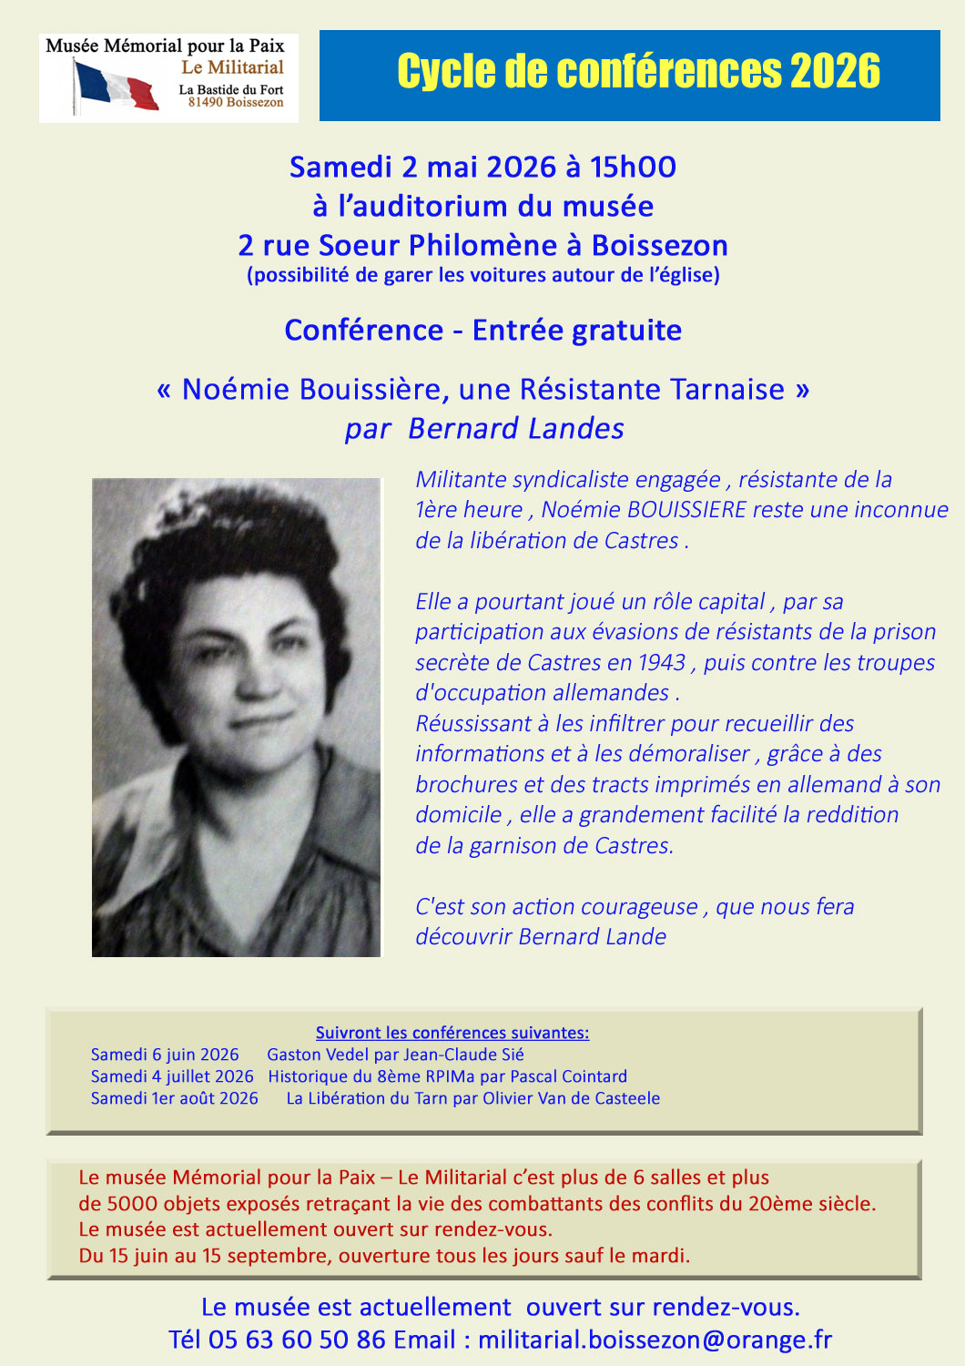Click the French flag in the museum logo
pyautogui.click(x=116, y=87)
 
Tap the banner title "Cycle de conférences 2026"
pyautogui.click(x=638, y=72)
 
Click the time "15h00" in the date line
pyautogui.click(x=633, y=168)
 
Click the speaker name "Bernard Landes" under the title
pyautogui.click(x=516, y=429)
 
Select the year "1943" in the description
pyautogui.click(x=661, y=663)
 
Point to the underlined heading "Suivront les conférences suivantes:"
pyautogui.click(x=452, y=1033)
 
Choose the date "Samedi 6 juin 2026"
pyautogui.click(x=165, y=1055)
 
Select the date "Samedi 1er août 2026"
pyautogui.click(x=175, y=1098)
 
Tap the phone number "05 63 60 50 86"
pyautogui.click(x=297, y=1340)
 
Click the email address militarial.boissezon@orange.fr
pyautogui.click(x=655, y=1340)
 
